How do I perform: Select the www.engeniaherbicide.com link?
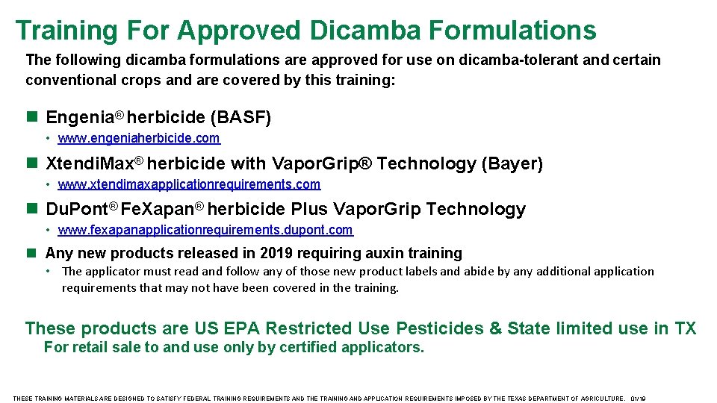click(139, 138)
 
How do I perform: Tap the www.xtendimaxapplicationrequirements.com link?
click(189, 184)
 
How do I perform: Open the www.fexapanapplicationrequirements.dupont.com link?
click(205, 231)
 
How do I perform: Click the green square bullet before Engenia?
click(31, 117)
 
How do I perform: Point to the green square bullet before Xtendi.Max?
click(31, 163)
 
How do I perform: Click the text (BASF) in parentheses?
click(241, 117)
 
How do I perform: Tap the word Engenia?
click(78, 117)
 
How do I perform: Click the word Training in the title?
click(66, 30)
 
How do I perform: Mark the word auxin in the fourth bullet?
click(379, 254)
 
